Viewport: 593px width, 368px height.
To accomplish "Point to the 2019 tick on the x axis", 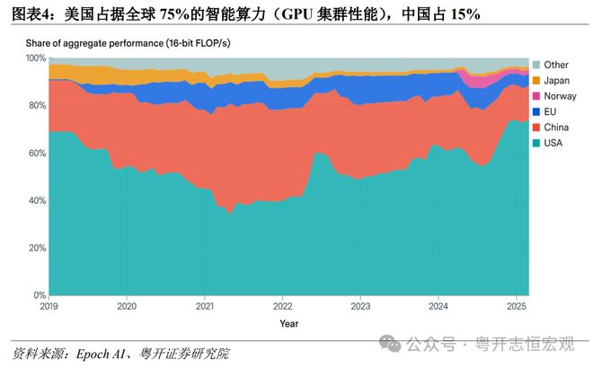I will coord(49,305).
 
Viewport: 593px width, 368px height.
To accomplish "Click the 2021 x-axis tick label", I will coord(205,305).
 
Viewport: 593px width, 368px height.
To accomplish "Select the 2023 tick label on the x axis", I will coord(360,305).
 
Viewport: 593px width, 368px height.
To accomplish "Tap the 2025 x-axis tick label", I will coord(516,305).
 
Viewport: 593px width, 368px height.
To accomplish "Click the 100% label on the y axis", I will coord(34,57).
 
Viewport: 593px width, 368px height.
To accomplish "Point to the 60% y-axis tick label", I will coord(36,153).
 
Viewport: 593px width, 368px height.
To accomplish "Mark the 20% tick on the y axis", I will coord(36,248).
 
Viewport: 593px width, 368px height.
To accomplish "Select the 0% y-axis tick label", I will coord(39,295).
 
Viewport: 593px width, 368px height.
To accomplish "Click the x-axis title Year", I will coord(288,323).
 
